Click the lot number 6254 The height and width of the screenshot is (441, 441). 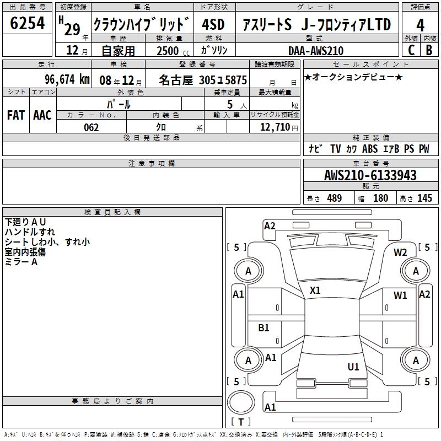27,23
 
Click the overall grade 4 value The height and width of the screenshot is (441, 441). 420,25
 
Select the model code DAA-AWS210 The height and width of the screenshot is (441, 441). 316,51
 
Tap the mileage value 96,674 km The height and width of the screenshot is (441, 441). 67,79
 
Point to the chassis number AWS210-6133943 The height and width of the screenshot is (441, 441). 370,175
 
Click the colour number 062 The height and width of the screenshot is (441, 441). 92,128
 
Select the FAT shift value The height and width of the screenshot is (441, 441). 16,115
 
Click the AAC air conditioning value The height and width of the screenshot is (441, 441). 42,115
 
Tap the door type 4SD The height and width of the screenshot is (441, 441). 213,24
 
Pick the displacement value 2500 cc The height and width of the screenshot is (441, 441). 173,51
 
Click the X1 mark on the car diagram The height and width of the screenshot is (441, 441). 315,291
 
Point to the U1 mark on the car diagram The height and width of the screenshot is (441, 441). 353,367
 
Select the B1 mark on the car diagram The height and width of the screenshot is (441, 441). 263,327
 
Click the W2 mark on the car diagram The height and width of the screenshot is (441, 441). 400,252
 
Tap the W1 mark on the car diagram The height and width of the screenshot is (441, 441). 400,295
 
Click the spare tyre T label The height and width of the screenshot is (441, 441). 241,422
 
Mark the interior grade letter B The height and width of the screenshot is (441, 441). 429,50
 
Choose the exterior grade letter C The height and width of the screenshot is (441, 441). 411,50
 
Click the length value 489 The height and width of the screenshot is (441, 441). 335,198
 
